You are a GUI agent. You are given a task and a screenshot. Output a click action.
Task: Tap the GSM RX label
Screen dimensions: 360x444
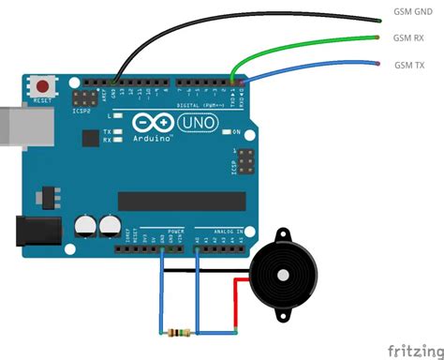(407, 39)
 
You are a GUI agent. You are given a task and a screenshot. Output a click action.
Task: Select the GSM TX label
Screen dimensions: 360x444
(408, 65)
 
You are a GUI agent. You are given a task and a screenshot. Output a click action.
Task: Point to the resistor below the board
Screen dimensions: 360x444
(177, 332)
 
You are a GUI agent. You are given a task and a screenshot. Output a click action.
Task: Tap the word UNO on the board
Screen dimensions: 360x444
(182, 123)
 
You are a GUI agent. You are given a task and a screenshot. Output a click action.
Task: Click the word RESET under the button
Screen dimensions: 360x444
(42, 98)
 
